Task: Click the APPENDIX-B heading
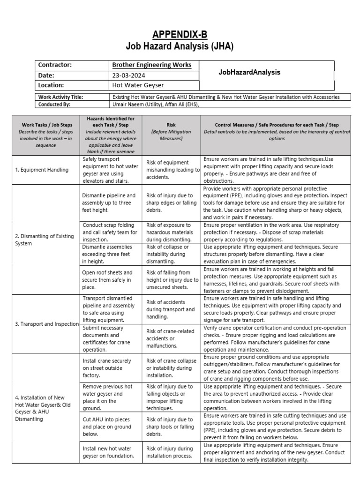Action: pos(180,35)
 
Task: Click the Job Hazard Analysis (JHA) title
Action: pos(180,46)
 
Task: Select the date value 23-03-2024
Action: pos(128,75)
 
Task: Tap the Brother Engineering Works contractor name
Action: pos(148,65)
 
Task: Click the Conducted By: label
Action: pos(54,105)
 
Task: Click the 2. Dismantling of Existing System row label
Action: pos(45,240)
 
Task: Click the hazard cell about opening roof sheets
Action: pos(108,280)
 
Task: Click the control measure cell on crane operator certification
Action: pos(276,338)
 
